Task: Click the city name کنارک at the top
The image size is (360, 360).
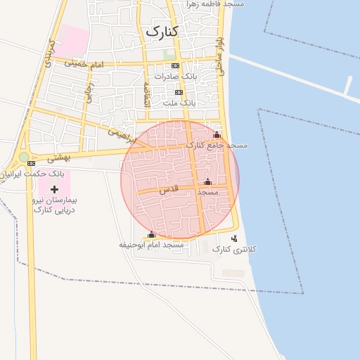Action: coord(161,32)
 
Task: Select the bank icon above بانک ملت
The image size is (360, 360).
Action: coord(179,92)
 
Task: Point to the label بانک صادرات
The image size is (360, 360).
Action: coord(172,76)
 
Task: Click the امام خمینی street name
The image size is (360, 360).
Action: coord(84,64)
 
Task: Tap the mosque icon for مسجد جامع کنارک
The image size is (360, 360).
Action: coord(217,135)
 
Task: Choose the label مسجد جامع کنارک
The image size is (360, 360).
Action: coord(217,146)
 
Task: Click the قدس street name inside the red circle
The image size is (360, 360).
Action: coord(169,189)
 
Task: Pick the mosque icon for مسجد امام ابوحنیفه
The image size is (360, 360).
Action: coord(151,235)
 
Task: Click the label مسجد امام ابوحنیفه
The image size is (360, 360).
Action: coord(151,245)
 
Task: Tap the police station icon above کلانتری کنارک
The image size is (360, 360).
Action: coord(234,239)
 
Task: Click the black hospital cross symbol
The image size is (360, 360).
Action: coord(54,189)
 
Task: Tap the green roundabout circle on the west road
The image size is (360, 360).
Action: coord(24,157)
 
